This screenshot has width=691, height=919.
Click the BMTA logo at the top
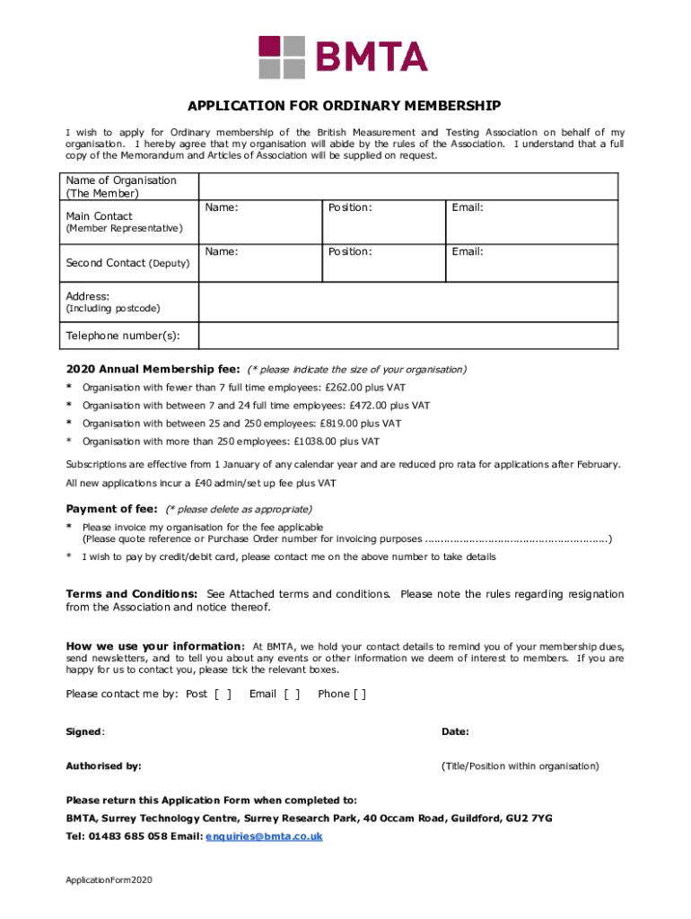[343, 57]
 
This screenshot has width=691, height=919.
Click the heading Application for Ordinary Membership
[345, 105]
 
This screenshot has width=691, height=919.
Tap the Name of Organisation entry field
[407, 187]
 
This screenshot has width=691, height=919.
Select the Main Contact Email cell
[531, 220]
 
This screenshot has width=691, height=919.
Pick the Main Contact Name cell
[258, 220]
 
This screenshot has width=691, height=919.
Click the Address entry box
[407, 302]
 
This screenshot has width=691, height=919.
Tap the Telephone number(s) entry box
[407, 336]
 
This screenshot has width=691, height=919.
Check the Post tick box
[223, 694]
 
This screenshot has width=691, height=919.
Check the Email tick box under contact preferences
[292, 694]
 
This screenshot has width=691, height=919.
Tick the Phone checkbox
[359, 694]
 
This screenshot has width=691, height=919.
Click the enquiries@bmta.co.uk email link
[264, 836]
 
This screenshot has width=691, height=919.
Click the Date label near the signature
[455, 731]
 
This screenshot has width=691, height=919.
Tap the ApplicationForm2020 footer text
[109, 880]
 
